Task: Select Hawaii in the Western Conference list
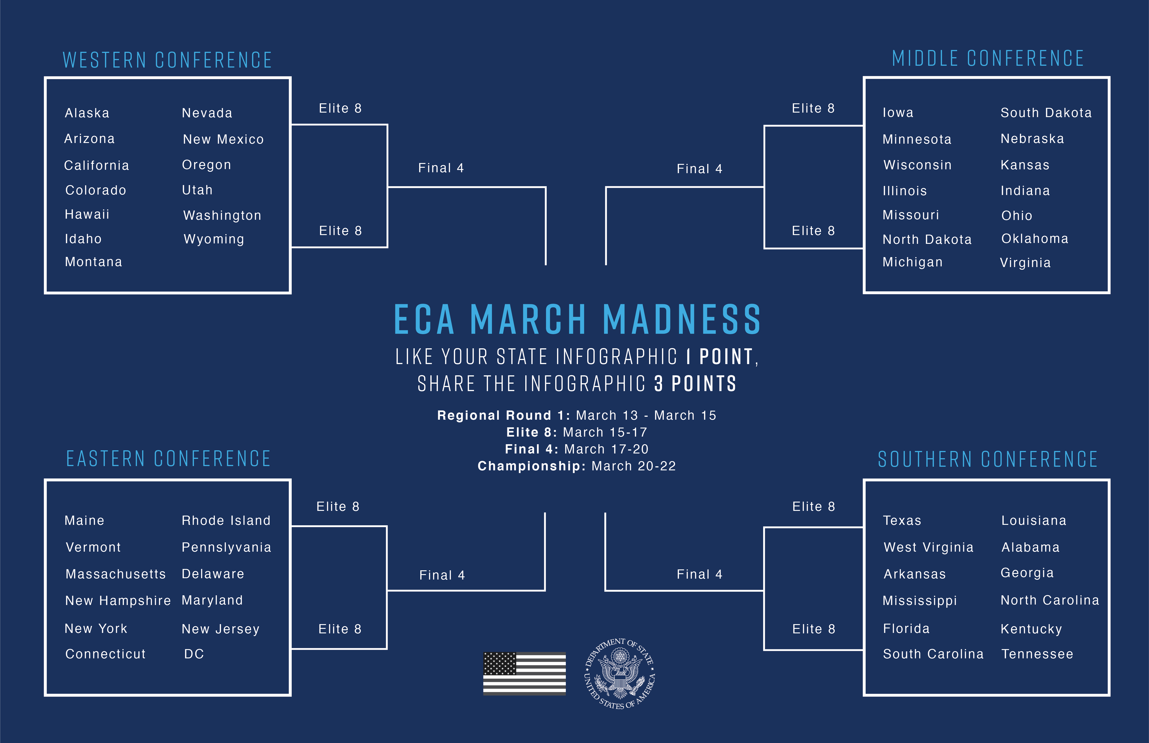(x=87, y=214)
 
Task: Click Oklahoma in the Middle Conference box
(x=1035, y=239)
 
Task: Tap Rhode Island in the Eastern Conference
(x=226, y=521)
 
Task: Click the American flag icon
(x=525, y=673)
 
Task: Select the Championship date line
(x=577, y=466)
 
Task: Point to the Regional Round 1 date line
(x=577, y=415)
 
